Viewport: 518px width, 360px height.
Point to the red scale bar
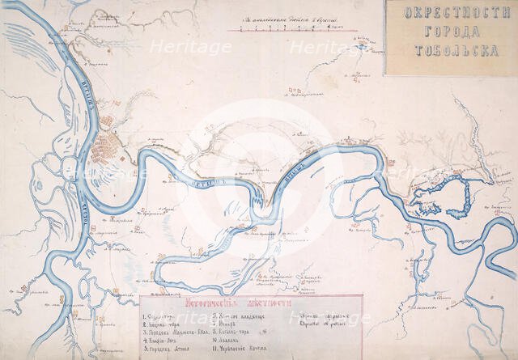click(283, 30)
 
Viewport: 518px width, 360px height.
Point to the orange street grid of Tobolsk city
click(105, 150)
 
